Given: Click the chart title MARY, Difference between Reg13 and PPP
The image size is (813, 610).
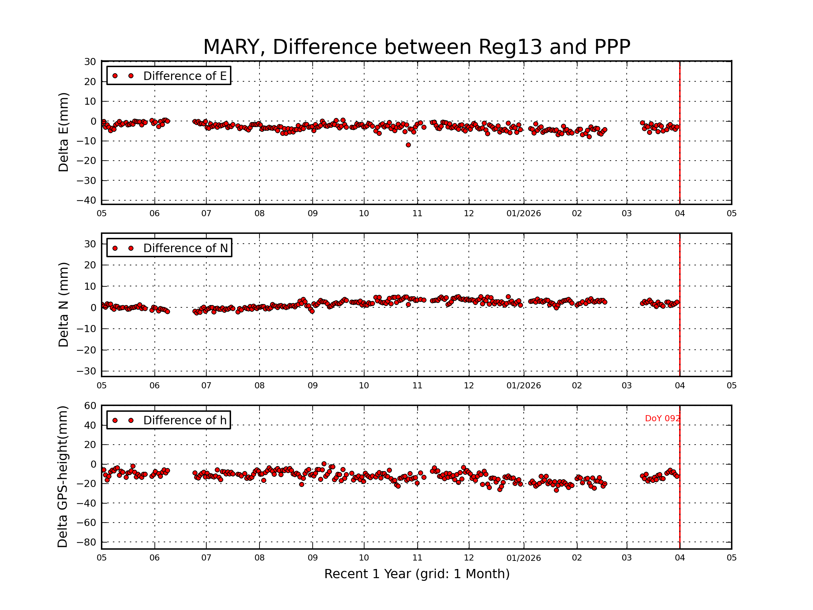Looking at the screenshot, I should [416, 47].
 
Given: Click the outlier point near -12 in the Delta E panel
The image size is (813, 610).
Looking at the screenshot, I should [408, 145].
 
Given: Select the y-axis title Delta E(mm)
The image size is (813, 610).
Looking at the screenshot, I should [63, 133].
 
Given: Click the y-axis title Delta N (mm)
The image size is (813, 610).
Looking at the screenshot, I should [63, 304].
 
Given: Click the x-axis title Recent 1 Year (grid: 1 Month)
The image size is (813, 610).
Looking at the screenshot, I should [417, 574].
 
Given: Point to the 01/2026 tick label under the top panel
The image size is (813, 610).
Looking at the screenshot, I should [523, 213].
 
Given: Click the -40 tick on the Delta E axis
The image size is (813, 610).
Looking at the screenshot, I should [86, 200].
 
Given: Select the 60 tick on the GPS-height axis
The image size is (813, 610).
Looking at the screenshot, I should [90, 406].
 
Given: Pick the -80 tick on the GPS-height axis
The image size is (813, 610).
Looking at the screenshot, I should [86, 542].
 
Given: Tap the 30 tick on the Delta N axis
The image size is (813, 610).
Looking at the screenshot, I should [90, 244].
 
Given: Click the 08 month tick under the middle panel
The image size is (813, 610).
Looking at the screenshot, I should [259, 386].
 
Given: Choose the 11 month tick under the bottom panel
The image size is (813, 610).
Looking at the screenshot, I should [417, 558].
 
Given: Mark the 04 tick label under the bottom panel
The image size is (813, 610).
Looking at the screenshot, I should [680, 558].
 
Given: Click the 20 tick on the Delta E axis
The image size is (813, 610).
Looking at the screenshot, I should [90, 82].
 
